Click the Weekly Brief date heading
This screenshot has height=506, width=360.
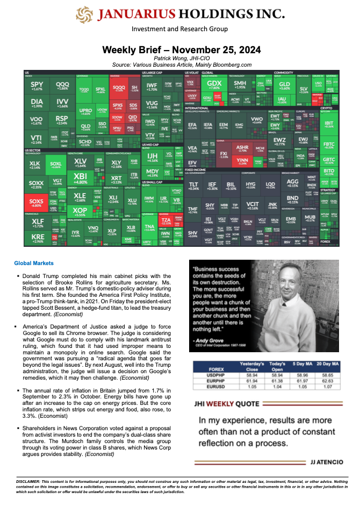182,49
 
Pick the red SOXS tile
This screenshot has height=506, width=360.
36,202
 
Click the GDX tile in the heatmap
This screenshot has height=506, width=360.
214,85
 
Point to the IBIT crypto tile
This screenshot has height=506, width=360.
329,123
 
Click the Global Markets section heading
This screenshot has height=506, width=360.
34,263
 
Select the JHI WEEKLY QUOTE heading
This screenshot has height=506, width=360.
226,403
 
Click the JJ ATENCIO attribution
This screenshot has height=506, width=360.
321,462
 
